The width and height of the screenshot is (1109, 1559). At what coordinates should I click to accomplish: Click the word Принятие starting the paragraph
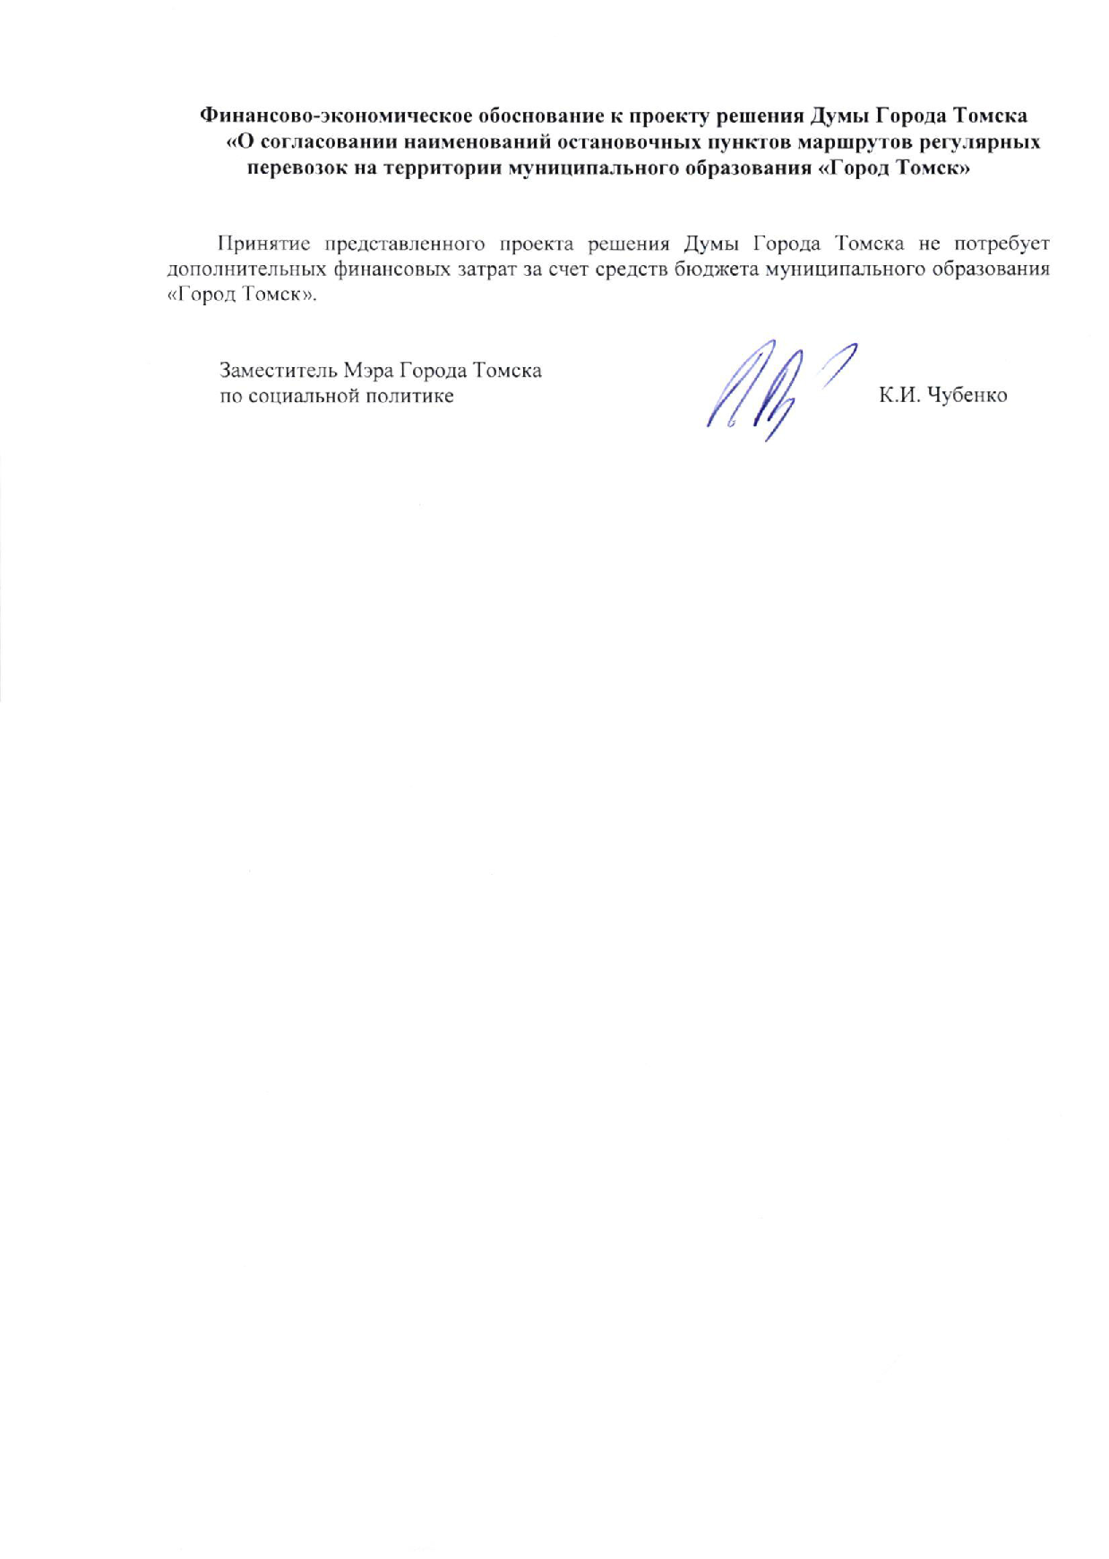[263, 244]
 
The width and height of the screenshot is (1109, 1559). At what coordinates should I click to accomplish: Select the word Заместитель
[276, 371]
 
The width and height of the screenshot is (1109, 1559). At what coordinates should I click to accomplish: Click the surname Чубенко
[967, 396]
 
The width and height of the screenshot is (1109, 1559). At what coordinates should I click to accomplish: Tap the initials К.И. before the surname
[898, 396]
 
